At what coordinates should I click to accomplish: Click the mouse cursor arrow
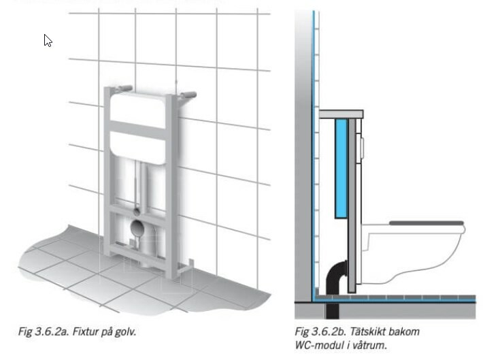[48, 40]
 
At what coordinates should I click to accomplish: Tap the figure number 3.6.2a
[52, 331]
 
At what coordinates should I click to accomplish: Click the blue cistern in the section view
[341, 169]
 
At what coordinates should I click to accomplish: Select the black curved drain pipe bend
[335, 276]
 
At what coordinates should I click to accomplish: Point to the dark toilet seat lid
[427, 223]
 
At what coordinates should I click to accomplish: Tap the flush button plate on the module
[362, 148]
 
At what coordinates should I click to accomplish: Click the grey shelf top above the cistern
[341, 114]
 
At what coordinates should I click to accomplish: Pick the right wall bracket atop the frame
[187, 95]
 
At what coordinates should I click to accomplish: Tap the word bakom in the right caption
[403, 331]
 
